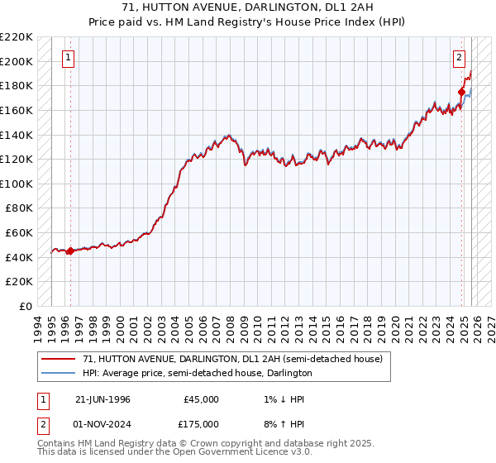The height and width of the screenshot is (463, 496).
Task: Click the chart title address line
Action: (x=247, y=7)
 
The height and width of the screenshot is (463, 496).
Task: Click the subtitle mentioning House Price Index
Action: (x=247, y=21)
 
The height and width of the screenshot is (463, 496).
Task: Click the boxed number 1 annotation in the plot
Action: (x=68, y=58)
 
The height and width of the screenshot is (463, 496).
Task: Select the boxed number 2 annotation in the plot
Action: (x=459, y=58)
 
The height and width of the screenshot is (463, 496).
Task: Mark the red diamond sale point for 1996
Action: (x=71, y=251)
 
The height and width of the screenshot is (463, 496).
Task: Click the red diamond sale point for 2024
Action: (x=460, y=92)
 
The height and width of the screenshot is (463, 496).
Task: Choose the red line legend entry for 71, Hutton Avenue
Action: (x=232, y=360)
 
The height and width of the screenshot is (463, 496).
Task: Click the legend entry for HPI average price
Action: (x=197, y=373)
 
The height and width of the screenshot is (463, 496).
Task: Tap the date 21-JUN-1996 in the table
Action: (x=103, y=399)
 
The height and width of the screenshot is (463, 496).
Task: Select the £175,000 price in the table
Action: (x=196, y=423)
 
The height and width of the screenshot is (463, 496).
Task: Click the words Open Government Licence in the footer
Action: (x=239, y=453)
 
